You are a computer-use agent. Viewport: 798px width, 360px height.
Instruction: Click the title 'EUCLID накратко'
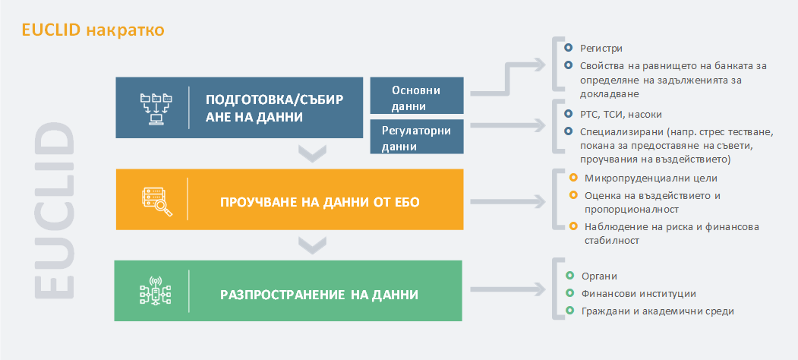93,30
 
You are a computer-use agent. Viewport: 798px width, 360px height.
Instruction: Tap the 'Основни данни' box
417,95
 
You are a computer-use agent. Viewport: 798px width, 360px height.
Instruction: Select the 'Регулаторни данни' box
417,137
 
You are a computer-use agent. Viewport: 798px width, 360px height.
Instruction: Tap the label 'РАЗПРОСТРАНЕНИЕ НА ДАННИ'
320,295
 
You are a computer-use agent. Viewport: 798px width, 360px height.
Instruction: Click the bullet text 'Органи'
599,276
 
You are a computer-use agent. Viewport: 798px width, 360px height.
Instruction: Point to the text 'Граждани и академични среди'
658,311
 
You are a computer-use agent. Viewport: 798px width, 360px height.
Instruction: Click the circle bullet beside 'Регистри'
569,48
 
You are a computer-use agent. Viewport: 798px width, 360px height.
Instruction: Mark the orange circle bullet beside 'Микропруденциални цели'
573,178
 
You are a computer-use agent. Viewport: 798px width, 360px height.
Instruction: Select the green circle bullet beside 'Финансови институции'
569,293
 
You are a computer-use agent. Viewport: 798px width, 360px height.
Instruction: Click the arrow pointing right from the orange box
507,202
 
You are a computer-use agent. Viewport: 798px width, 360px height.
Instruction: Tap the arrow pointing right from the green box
507,289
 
